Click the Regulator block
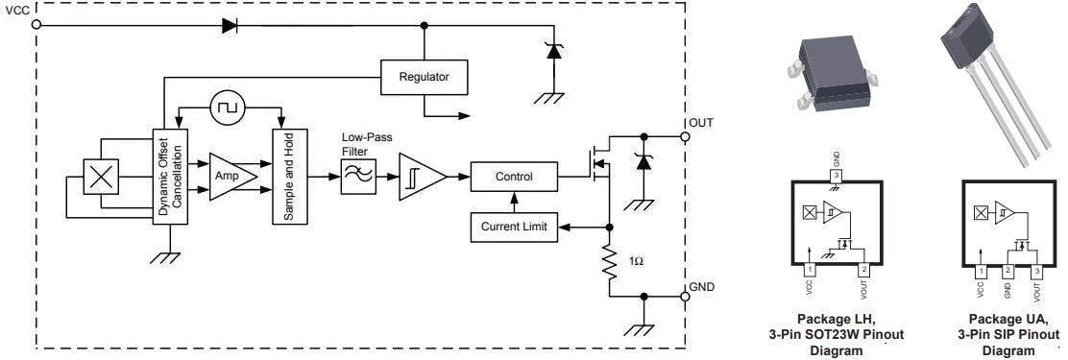point(424,77)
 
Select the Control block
point(513,178)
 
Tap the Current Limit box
point(513,228)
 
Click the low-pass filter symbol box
point(356,178)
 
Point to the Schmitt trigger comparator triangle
point(420,178)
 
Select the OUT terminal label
point(701,123)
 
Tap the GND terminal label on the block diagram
point(702,287)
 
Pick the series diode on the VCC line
point(230,26)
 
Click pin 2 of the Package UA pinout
point(1007,272)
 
